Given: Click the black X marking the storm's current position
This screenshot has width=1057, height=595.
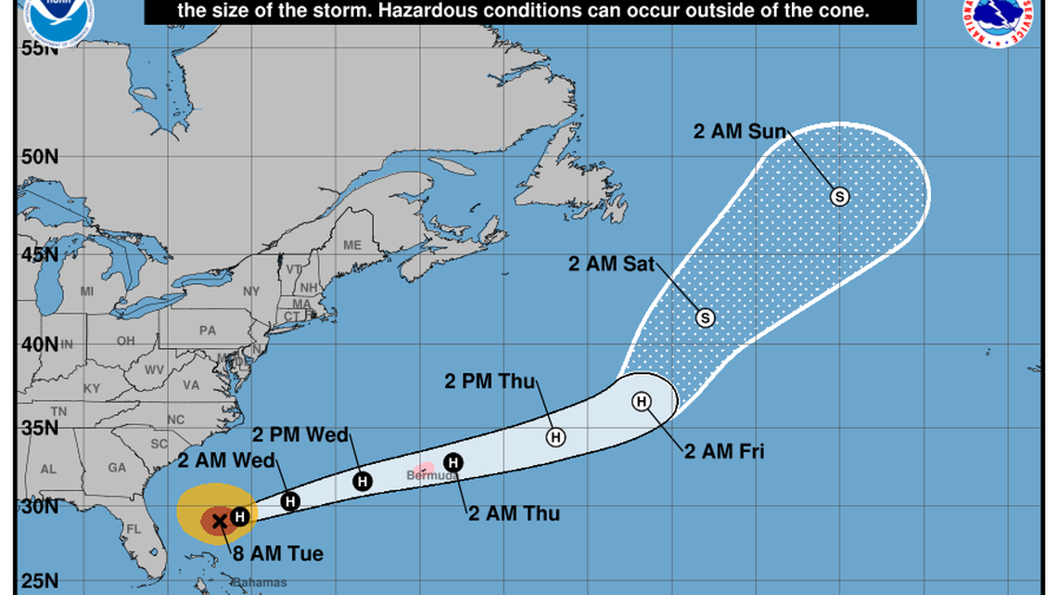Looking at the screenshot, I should pyautogui.click(x=220, y=521).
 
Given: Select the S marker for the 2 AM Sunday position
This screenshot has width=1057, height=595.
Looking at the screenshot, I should pyautogui.click(x=839, y=197).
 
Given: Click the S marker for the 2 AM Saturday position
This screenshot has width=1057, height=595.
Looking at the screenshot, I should pyautogui.click(x=705, y=317).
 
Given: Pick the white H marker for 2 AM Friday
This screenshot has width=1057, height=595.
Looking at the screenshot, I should pyautogui.click(x=642, y=402).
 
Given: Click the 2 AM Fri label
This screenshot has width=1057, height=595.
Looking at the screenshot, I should pyautogui.click(x=724, y=453).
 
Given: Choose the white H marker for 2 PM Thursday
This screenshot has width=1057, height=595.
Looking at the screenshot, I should pyautogui.click(x=554, y=437).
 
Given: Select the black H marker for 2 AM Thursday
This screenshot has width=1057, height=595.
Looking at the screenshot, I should pyautogui.click(x=453, y=462).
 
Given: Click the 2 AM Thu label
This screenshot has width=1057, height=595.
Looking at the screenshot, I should pyautogui.click(x=514, y=513).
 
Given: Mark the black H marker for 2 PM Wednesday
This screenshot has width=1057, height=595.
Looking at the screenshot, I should pyautogui.click(x=363, y=480).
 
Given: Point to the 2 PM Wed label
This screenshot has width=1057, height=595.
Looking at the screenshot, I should pyautogui.click(x=302, y=434).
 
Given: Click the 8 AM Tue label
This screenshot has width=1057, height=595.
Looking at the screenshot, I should pyautogui.click(x=279, y=554).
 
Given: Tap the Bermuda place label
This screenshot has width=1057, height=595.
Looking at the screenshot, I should pyautogui.click(x=432, y=475).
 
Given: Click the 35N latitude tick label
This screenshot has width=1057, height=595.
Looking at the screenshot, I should pyautogui.click(x=39, y=429).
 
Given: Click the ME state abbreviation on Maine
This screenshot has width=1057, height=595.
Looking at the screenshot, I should pyautogui.click(x=351, y=245).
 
